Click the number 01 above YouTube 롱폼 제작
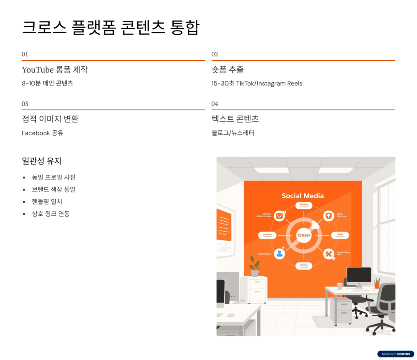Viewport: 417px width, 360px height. click(x=25, y=54)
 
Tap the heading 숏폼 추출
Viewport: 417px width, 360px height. click(x=227, y=70)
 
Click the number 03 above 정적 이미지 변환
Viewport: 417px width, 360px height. click(x=25, y=104)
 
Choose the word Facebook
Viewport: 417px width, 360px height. click(x=36, y=133)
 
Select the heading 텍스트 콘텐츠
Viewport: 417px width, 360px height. click(x=235, y=119)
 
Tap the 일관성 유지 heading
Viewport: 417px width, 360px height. click(x=42, y=161)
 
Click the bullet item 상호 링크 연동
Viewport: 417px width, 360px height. click(x=50, y=213)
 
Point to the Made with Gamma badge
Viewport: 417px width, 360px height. click(x=395, y=354)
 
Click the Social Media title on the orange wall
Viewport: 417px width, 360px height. click(x=303, y=196)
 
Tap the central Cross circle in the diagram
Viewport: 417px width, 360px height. click(x=304, y=235)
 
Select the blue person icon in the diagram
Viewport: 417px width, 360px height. click(x=279, y=254)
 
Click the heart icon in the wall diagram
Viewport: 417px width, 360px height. click(x=279, y=216)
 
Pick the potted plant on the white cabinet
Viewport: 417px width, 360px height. click(x=255, y=267)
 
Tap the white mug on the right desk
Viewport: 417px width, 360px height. click(x=340, y=286)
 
